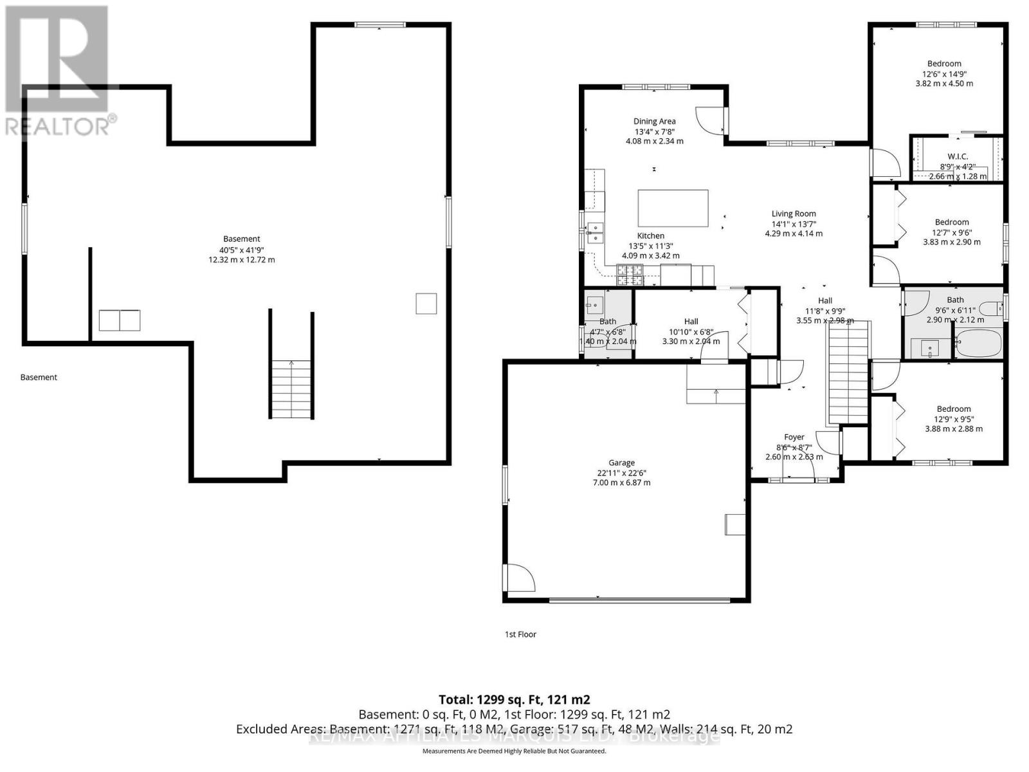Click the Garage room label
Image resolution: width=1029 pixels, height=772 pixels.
coord(621,463)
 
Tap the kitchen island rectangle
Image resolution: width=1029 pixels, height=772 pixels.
coord(673,208)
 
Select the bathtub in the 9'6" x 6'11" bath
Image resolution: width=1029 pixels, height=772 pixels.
coord(979,344)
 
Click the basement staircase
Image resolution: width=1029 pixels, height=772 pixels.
coord(292,389)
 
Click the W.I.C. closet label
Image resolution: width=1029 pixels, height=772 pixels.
coord(958,156)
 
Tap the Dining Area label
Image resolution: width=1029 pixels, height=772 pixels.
coord(654,121)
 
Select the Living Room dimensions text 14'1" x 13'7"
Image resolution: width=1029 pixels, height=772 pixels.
coord(794,224)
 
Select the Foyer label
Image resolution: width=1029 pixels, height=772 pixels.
coord(794,437)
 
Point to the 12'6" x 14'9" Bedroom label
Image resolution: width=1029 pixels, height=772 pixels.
coord(944,63)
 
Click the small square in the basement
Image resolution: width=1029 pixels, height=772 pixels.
coord(426,303)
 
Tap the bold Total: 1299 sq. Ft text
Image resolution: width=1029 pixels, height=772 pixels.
coord(514,699)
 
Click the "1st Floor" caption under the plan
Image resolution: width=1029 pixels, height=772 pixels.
coord(520,634)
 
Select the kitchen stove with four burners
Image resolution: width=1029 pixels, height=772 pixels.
coord(630,275)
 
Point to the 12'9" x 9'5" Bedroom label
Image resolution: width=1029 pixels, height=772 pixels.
coord(954,409)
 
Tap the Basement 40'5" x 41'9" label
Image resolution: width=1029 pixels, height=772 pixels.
coord(241,239)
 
